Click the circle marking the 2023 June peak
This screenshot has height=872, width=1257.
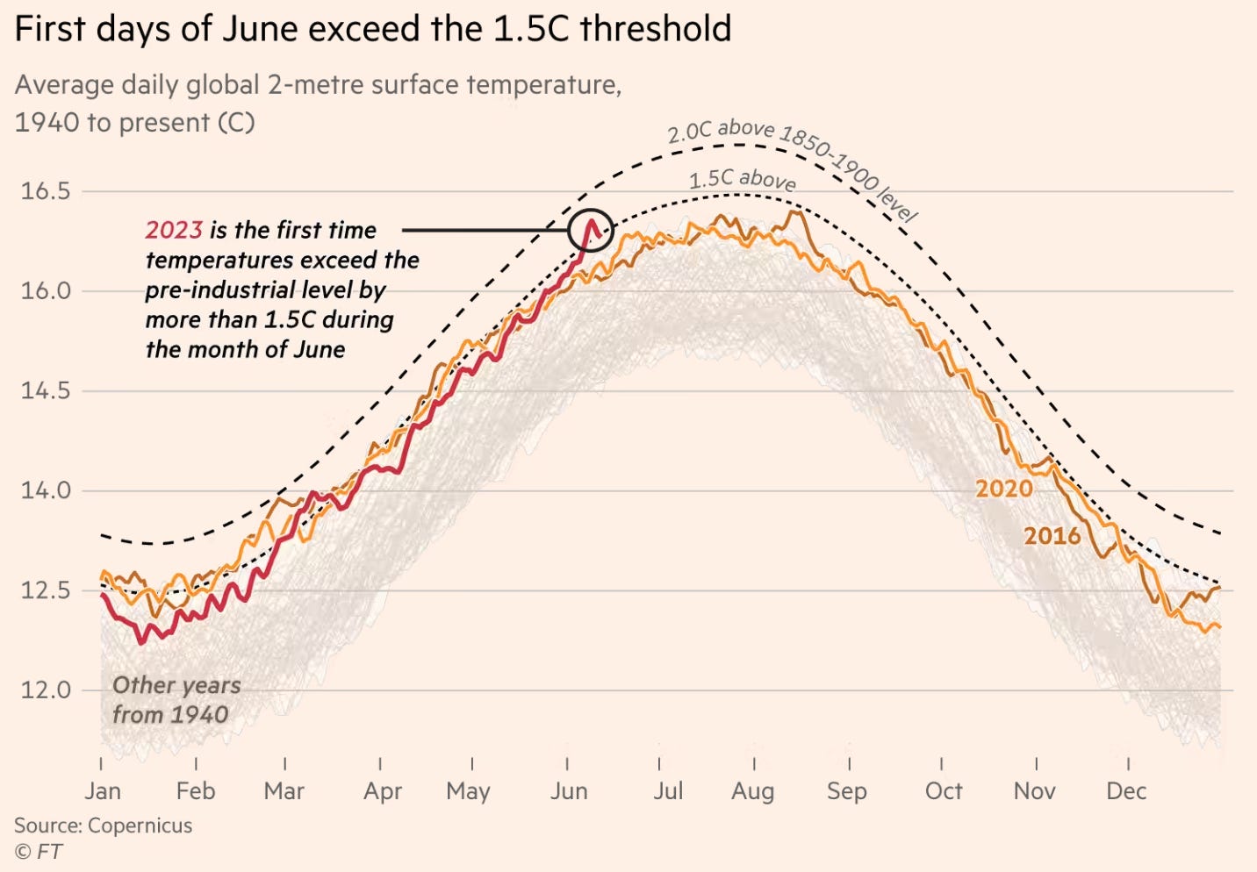tap(591, 231)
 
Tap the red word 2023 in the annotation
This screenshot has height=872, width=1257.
tap(174, 230)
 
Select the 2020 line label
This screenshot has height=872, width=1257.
tap(1004, 489)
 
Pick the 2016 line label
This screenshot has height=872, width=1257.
tap(1052, 535)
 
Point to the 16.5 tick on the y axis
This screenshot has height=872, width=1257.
tap(46, 191)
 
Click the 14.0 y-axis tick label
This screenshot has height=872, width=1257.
tap(46, 490)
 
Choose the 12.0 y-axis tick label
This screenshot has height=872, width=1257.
tap(46, 690)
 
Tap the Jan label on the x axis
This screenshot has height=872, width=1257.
tap(103, 791)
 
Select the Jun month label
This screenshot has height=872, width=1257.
tap(569, 791)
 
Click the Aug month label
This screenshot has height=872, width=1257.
tap(753, 791)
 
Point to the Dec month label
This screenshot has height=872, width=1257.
tap(1126, 791)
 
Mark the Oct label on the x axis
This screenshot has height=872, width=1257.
tap(944, 791)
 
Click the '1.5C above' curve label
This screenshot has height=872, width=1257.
tap(743, 180)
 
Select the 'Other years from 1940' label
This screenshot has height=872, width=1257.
tap(176, 700)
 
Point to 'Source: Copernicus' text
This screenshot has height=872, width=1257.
tap(103, 826)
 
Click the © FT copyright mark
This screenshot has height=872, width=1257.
tap(38, 851)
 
